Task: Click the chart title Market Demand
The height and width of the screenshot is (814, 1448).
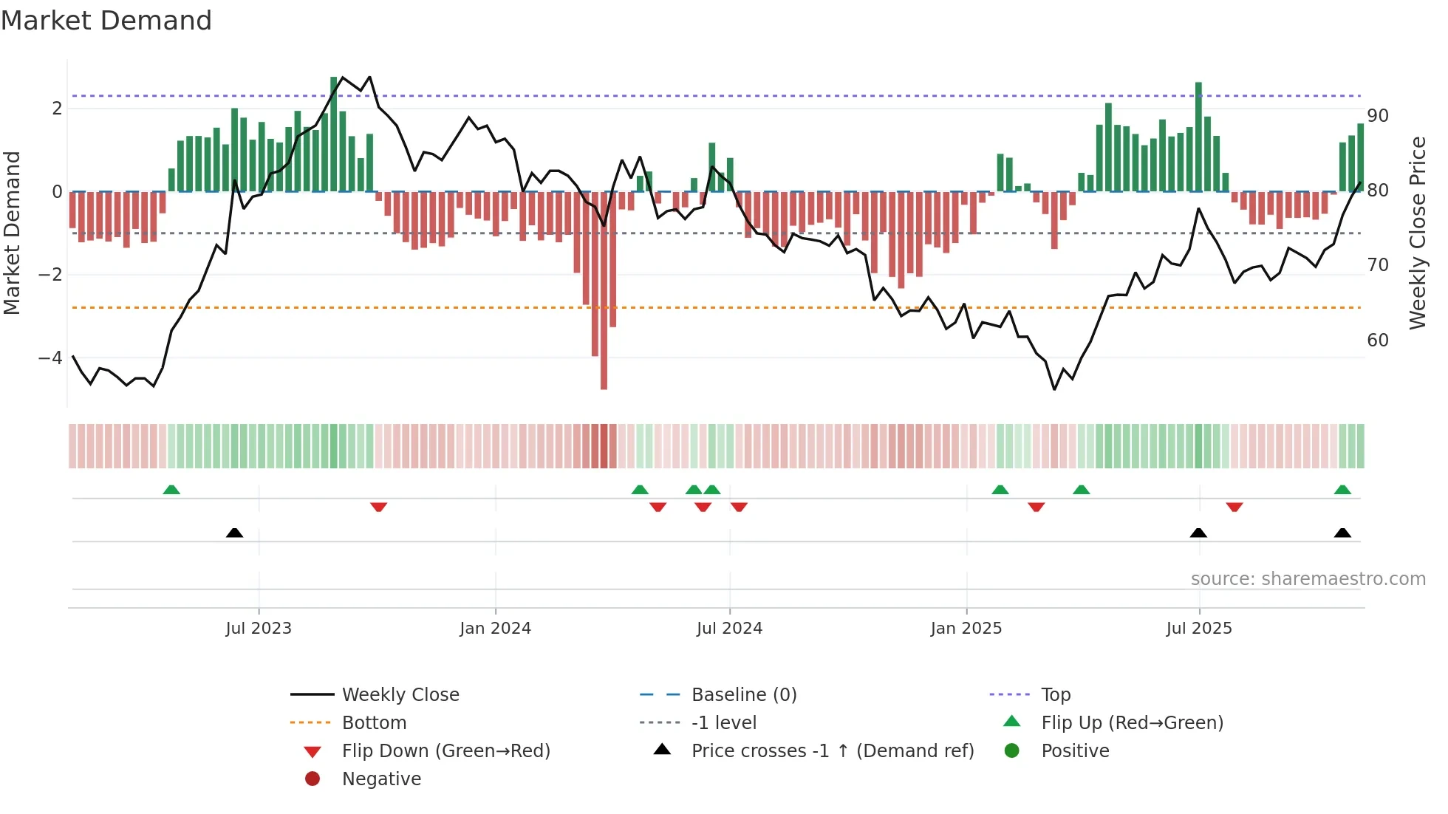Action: click(106, 21)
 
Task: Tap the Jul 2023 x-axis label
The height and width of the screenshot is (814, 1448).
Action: click(259, 629)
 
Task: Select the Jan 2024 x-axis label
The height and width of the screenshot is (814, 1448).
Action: click(495, 629)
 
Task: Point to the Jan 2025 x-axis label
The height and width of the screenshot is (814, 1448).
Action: click(966, 629)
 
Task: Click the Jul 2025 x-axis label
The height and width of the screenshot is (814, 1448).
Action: click(1199, 629)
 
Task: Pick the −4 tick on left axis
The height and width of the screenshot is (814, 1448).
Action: click(51, 358)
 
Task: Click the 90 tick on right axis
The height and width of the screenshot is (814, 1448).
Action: click(1378, 116)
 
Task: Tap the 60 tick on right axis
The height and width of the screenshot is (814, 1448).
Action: click(1378, 341)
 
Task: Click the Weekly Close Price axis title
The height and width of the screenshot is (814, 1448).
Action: click(1417, 233)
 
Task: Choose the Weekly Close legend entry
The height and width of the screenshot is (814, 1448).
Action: click(400, 695)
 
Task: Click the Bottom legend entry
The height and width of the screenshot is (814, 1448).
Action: click(374, 723)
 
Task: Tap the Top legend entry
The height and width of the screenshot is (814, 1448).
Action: click(1056, 695)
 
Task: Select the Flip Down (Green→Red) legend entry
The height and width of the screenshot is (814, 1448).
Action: click(445, 751)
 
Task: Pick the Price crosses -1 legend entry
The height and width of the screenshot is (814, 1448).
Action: click(832, 751)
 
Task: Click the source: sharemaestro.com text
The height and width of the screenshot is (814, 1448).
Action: click(1308, 579)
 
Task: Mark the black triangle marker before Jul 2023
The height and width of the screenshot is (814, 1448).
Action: click(234, 533)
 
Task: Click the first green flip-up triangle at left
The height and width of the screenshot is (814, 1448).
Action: click(171, 490)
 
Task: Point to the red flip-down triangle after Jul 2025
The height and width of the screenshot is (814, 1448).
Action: click(1234, 507)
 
